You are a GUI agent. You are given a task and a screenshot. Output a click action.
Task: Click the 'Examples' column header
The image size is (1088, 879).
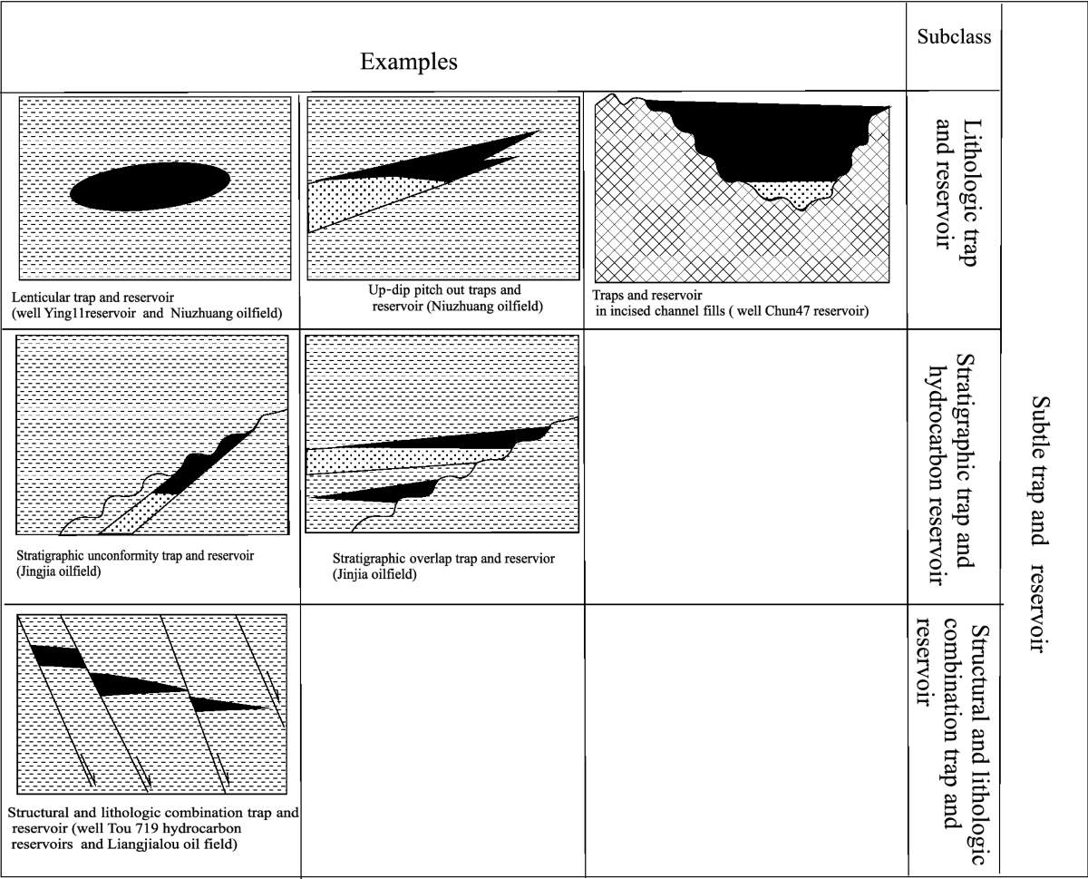point(408,62)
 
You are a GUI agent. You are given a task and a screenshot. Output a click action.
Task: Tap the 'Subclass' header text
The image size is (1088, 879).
point(953,37)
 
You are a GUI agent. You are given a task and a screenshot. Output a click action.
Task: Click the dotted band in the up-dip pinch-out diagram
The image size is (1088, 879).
point(363,200)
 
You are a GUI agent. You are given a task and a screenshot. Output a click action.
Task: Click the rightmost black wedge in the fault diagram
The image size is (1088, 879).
point(222,703)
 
